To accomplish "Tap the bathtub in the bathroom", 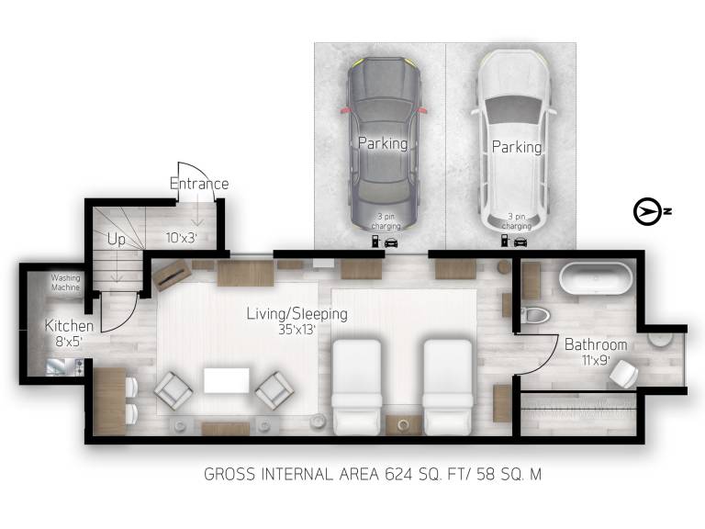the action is click(596, 278).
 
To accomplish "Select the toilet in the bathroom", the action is click(535, 314).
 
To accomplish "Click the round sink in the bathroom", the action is click(660, 339).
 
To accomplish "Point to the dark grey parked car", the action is click(384, 144).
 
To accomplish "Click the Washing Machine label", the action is click(65, 283).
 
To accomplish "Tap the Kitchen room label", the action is click(69, 326).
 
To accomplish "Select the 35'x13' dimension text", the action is click(297, 330).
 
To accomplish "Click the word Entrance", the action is click(199, 184).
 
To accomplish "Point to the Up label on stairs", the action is click(117, 240).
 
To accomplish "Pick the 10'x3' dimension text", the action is click(181, 238).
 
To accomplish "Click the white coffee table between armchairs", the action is click(227, 380).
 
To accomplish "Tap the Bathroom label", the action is click(596, 344).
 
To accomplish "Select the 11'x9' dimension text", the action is click(596, 360).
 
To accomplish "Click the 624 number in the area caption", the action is click(398, 474).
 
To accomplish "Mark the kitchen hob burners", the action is click(79, 366).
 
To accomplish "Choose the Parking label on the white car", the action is click(517, 147).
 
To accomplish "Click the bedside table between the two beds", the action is click(403, 424).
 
